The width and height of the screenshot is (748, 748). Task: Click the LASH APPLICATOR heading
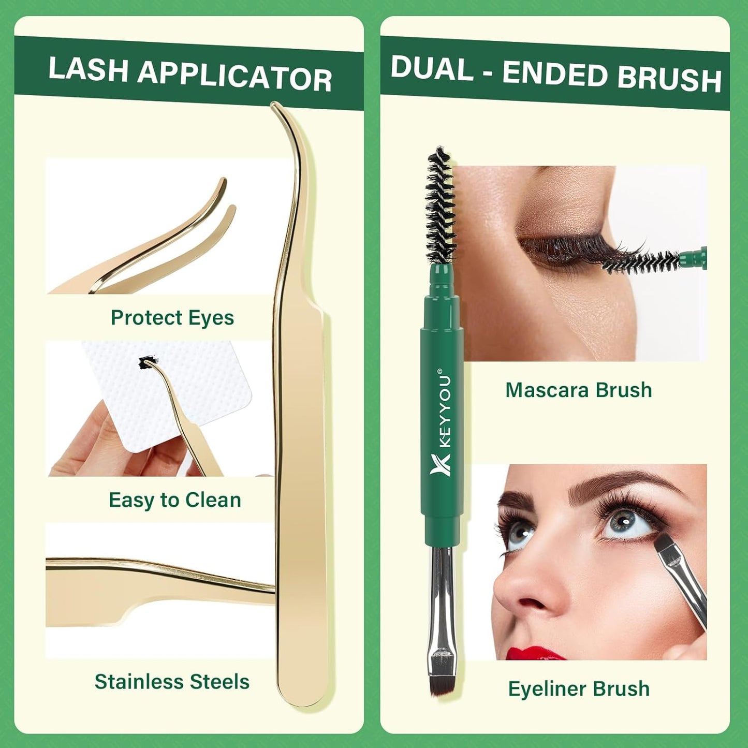189,74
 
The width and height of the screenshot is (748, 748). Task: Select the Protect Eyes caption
172,317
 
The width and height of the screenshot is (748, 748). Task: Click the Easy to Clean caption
175,500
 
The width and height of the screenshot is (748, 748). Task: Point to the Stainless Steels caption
172,682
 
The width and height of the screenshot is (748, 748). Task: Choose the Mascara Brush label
578,390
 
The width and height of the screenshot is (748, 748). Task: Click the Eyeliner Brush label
578,688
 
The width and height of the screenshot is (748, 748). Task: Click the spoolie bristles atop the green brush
440,204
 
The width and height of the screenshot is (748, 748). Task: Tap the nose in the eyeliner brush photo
520,590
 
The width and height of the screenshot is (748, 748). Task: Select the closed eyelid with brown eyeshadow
559,228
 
